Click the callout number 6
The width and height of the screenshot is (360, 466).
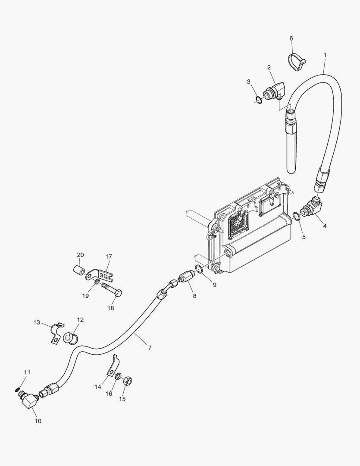click(x=291, y=38)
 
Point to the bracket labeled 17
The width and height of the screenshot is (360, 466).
click(x=102, y=274)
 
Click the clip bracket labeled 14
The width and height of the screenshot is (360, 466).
click(x=111, y=367)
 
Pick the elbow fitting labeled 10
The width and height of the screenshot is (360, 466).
click(x=28, y=400)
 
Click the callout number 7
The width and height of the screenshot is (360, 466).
click(x=150, y=347)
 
